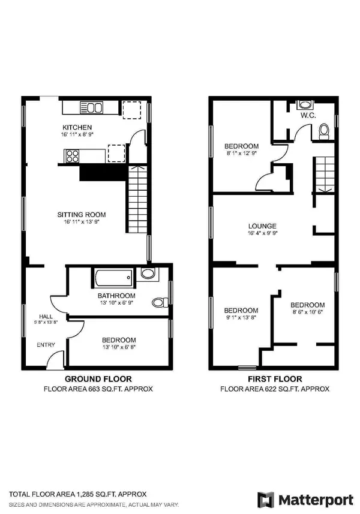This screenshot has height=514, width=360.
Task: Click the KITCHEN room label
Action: [77, 127]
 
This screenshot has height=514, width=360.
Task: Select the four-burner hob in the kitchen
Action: [73, 156]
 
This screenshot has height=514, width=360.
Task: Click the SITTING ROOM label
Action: [82, 214]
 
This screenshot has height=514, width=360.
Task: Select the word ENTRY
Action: [46, 345]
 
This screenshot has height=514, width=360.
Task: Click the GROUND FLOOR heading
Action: [98, 379]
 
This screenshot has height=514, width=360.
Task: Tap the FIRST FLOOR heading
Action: [275, 379]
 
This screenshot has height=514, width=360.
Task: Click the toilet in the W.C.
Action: [324, 131]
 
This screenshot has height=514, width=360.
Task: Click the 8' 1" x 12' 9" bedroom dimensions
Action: [241, 154]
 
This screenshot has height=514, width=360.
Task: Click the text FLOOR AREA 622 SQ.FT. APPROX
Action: [275, 389]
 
